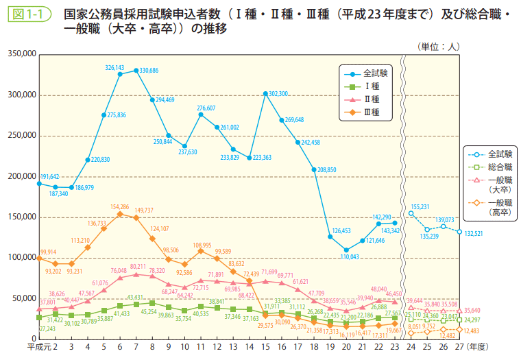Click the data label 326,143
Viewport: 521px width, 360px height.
(x=114, y=68)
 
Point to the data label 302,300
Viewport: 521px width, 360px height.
(x=278, y=93)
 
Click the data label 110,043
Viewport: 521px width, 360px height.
(x=348, y=256)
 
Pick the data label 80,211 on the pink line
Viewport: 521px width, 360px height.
(x=138, y=267)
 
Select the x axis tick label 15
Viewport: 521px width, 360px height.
(x=265, y=348)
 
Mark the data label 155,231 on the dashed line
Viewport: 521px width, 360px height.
(x=424, y=206)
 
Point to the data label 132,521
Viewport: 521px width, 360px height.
(x=477, y=233)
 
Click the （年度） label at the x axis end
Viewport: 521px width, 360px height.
(x=482, y=348)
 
